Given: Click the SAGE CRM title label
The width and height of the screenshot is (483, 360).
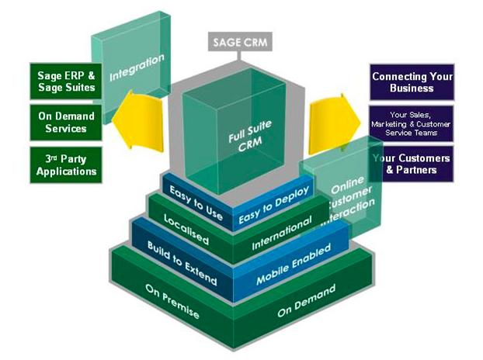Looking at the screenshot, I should tap(240, 42).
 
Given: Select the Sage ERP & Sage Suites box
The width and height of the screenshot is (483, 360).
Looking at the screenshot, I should tap(68, 81).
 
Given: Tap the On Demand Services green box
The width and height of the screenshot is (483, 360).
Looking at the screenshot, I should tap(68, 123).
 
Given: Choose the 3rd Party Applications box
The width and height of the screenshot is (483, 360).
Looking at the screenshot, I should tap(68, 164).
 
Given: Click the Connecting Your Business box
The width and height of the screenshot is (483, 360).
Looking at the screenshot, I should tap(412, 82).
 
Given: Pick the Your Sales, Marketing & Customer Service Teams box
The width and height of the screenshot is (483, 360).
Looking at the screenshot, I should tap(412, 123).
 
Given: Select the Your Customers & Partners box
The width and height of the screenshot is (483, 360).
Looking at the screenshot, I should tap(412, 164).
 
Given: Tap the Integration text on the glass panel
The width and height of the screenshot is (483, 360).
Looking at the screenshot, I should tap(137, 66).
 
